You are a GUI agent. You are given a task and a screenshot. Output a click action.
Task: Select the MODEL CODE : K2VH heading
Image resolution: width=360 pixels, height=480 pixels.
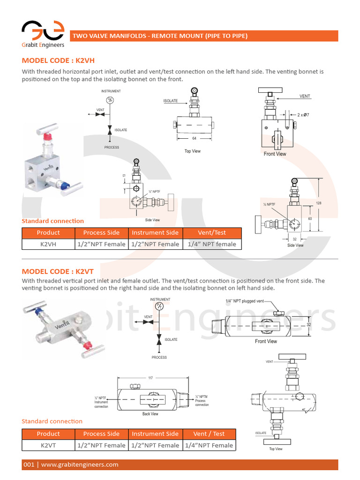click(x=58, y=60)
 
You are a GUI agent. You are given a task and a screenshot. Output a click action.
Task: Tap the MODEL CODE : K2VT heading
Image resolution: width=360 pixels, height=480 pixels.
click(x=58, y=271)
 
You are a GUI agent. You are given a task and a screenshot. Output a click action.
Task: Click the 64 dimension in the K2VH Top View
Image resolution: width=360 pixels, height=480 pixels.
click(x=194, y=138)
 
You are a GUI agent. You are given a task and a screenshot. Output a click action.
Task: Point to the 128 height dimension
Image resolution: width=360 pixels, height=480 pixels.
click(x=319, y=203)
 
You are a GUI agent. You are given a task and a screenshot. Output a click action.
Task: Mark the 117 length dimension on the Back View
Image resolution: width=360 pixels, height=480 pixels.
click(x=150, y=378)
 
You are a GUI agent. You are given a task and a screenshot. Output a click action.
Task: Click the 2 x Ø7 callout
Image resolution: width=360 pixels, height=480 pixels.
click(x=303, y=114)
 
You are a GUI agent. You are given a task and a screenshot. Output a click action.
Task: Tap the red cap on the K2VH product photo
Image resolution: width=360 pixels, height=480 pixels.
click(x=47, y=137)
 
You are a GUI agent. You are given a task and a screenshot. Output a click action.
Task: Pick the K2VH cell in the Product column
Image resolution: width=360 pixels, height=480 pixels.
click(x=48, y=244)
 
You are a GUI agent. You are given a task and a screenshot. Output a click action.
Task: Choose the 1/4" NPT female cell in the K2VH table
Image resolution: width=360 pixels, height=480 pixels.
click(x=212, y=244)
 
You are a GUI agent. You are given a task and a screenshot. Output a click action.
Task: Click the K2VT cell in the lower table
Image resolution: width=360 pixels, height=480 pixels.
click(x=48, y=445)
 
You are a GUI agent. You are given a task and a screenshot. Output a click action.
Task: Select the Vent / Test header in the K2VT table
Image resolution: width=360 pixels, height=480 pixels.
click(x=209, y=434)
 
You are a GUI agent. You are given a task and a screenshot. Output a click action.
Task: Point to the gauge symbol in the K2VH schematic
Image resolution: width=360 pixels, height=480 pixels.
click(x=110, y=100)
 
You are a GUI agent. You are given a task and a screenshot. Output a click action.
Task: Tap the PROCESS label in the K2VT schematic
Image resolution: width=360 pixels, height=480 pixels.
click(x=159, y=357)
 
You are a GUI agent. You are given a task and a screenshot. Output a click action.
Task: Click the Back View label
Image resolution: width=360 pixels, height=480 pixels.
click(x=150, y=414)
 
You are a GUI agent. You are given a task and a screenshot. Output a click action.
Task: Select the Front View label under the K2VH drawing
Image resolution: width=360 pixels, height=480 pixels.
click(x=275, y=154)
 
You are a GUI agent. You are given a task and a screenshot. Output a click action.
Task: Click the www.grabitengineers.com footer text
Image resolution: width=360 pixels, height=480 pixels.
click(x=80, y=465)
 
